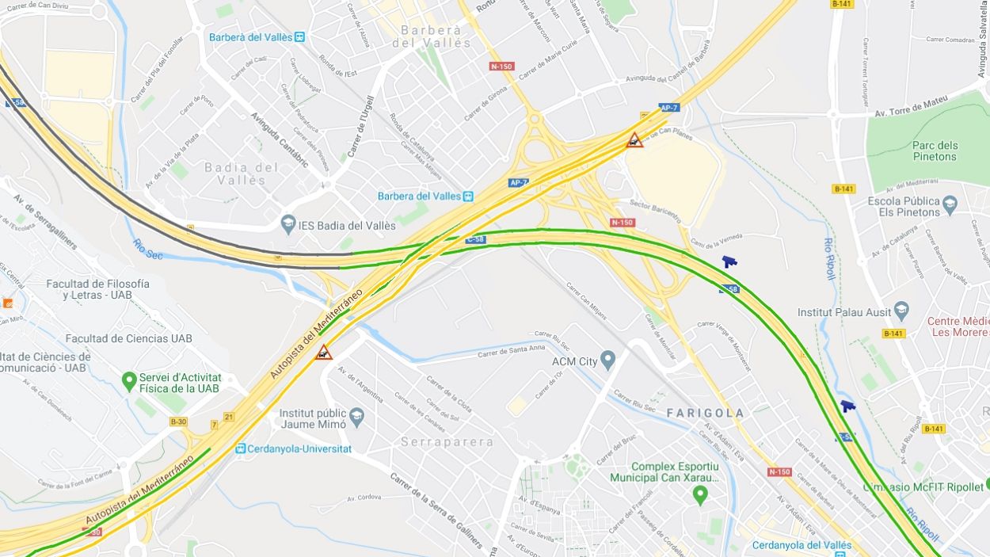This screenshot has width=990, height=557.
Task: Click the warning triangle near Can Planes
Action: click(635, 141)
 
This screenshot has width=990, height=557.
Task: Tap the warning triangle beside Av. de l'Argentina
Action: click(323, 353)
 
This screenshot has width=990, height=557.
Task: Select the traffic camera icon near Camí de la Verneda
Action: click(729, 261)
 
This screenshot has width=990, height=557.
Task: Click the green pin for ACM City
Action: click(607, 361)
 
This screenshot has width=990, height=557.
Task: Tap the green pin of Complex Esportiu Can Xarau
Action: click(699, 495)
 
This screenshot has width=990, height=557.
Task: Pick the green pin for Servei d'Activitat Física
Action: click(128, 383)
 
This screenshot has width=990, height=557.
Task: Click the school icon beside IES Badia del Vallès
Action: click(287, 225)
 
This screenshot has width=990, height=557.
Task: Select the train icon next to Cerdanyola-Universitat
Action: click(240, 448)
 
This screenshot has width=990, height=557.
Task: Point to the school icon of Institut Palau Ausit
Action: click(901, 311)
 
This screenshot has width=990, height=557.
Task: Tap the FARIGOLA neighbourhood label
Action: click(705, 413)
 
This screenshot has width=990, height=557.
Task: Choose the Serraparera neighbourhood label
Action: click(447, 441)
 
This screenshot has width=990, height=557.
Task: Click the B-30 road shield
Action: click(178, 422)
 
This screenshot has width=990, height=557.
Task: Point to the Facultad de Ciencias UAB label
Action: click(128, 338)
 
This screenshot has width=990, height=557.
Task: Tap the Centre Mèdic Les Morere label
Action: click(958, 326)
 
